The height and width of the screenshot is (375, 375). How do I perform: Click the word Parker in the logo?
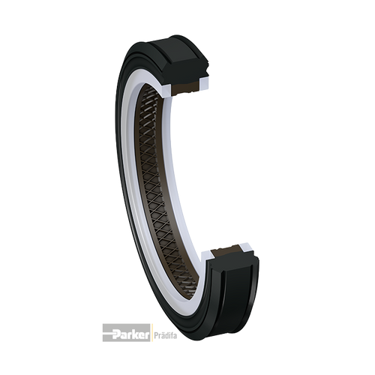click(x=130, y=334)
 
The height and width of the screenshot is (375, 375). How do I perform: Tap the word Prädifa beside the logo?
click(x=166, y=335)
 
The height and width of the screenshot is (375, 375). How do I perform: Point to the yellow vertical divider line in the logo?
click(x=151, y=333)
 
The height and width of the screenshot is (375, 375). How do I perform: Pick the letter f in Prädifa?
click(x=171, y=334)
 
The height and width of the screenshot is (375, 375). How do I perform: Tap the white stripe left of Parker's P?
click(x=107, y=332)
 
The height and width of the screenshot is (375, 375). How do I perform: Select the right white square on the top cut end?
click(x=204, y=84)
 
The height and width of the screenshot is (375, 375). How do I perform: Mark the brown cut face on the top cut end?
click(x=186, y=88)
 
